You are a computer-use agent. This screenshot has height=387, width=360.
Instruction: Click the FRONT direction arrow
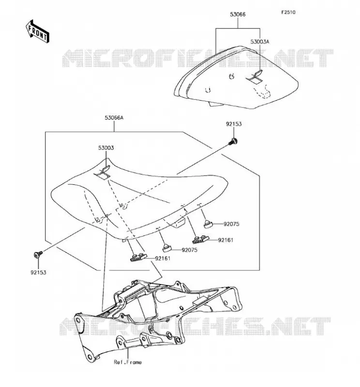point(38,32)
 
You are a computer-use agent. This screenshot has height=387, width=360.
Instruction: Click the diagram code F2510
point(288,12)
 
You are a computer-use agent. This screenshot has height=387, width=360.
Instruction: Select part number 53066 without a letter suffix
point(238,15)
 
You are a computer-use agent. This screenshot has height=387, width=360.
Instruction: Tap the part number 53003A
point(259,42)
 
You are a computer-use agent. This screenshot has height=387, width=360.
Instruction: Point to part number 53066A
point(114,118)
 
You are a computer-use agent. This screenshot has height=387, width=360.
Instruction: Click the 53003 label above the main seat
point(106,148)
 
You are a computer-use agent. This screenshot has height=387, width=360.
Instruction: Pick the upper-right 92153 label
point(234,124)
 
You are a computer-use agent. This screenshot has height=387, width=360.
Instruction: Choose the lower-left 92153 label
point(38,272)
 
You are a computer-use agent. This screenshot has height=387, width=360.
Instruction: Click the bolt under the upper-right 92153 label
point(233,142)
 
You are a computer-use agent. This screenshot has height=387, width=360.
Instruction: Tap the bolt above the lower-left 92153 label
point(38,254)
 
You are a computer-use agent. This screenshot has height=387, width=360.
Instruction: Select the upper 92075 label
point(231,224)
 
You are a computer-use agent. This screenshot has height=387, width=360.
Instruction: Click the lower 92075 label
point(189,250)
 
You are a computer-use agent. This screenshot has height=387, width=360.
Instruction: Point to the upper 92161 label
point(225,240)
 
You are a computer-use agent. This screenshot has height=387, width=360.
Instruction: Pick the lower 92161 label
point(163,258)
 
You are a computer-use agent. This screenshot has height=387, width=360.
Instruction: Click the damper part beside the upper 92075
point(208,224)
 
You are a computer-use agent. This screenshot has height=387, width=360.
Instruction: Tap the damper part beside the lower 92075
point(167,248)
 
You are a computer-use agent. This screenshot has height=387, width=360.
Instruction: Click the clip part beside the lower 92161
point(138,257)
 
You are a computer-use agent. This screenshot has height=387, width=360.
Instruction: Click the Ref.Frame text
point(128,362)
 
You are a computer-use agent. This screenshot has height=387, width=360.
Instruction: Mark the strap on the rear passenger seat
point(255,77)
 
